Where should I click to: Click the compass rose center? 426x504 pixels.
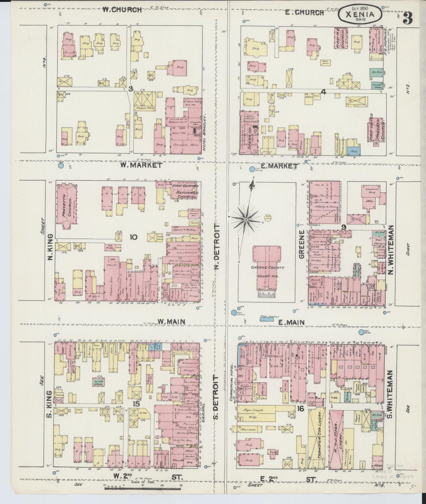246,219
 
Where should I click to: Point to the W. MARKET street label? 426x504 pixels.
141,165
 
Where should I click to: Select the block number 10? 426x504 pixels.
133,237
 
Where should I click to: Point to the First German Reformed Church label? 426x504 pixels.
185,191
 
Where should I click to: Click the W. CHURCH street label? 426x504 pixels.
122,10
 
